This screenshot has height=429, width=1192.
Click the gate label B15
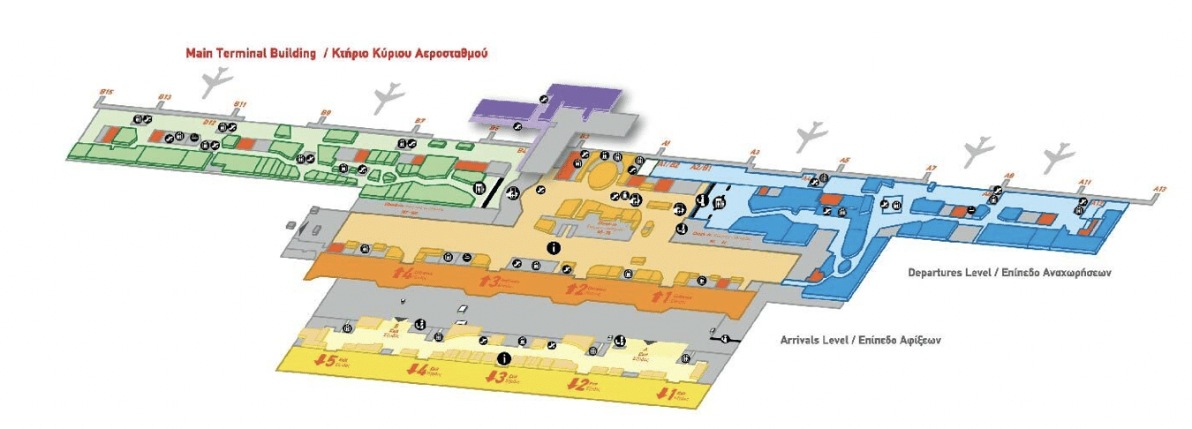[106, 92]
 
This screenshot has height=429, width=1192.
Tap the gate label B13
[164, 96]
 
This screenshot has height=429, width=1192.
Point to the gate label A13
[1160, 189]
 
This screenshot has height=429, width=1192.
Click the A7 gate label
[930, 168]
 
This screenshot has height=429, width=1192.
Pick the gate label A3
[755, 152]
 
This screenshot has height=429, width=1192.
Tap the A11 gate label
[1085, 182]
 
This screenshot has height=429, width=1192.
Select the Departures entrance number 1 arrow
[657, 297]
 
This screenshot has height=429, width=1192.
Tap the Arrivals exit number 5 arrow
[327, 361]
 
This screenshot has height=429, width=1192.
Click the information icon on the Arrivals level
[504, 358]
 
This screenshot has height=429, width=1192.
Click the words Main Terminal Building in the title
[251, 53]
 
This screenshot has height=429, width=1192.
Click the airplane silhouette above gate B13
[214, 84]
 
